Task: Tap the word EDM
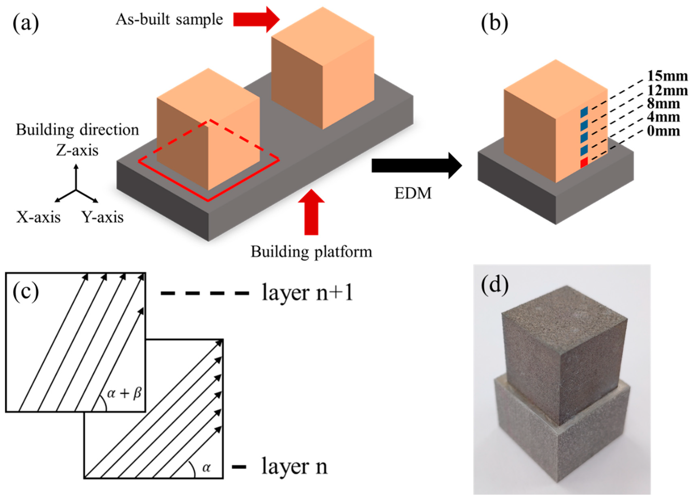click(x=413, y=193)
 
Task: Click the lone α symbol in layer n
click(x=206, y=467)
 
